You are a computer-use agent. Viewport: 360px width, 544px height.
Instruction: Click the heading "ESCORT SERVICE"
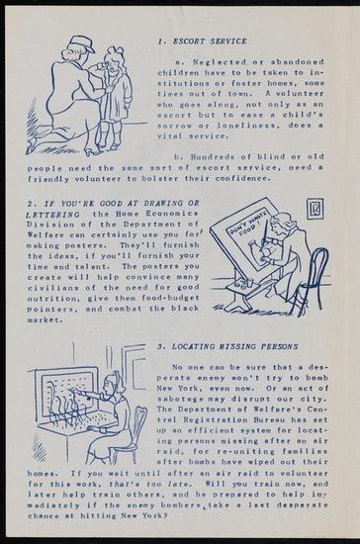pos(210,42)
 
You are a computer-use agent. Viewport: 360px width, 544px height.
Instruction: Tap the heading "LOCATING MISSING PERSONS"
pos(234,346)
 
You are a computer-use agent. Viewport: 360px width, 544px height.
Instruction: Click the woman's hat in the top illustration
pos(82,45)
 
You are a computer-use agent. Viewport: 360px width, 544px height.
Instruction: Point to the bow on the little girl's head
pos(116,52)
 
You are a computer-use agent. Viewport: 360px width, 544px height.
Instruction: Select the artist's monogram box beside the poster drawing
pos(315,209)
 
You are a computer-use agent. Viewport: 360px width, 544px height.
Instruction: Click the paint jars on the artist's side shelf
pos(245,283)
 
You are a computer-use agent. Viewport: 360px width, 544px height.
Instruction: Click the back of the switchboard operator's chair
pos(139,426)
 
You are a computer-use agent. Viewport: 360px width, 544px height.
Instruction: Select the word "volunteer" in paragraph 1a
pos(295,94)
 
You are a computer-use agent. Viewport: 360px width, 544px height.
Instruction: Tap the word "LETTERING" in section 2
pos(52,215)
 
